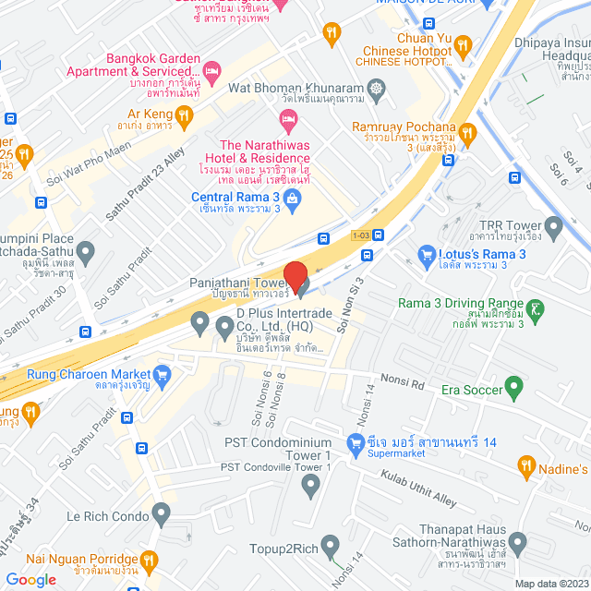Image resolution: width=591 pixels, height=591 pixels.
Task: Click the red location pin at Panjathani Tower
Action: (295, 276)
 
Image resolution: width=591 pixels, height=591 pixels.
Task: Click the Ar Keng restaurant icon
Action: (185, 115)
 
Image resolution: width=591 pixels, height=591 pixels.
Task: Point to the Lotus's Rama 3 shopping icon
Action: (427, 253)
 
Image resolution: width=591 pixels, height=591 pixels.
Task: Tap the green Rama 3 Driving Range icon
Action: (537, 311)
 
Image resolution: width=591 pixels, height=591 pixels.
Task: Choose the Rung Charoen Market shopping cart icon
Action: (163, 375)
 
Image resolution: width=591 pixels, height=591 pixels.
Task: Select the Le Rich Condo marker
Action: (162, 511)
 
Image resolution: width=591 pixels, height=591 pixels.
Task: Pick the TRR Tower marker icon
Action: (554, 225)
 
